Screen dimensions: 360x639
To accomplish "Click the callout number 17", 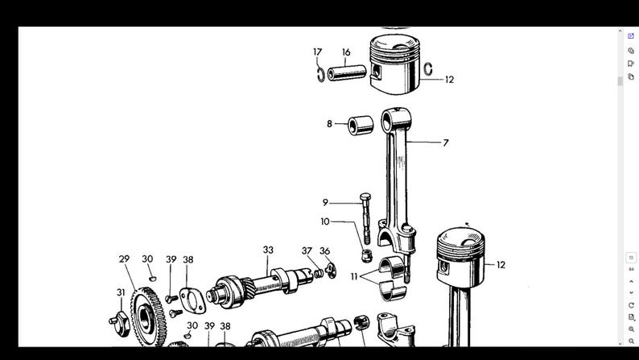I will (318, 52).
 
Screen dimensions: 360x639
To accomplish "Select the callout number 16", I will (346, 52).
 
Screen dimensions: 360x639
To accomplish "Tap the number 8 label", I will (329, 124).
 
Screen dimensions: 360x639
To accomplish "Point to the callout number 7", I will (445, 143).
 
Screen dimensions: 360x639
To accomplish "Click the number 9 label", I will (325, 202).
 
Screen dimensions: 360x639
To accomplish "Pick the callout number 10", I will (325, 221).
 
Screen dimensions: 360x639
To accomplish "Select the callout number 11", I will (354, 276).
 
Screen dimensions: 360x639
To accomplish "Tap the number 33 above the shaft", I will (268, 250).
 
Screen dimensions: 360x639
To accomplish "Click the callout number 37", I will (307, 251).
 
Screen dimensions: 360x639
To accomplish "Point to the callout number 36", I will (325, 251).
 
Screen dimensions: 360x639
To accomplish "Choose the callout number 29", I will (124, 259).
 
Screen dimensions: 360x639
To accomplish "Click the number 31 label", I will (121, 292).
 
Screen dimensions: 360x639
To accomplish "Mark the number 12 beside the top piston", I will (449, 80).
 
